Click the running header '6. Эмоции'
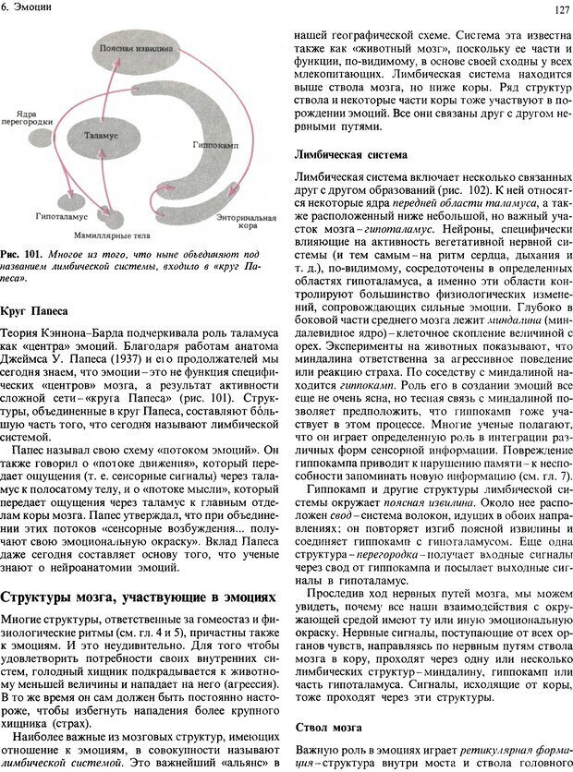click(x=28, y=7)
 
